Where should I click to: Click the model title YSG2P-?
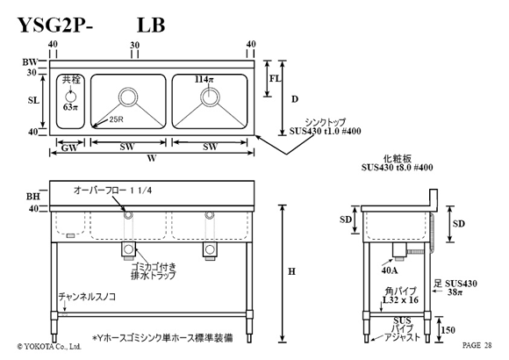pos(55,25)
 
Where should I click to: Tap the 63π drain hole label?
pos(70,106)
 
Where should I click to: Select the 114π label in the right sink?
pos(204,79)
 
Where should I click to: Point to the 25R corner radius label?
pos(116,119)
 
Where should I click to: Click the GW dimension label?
pos(69,148)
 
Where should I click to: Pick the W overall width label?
pos(152,158)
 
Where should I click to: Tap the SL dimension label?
pos(33,100)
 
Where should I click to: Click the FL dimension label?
pos(275,79)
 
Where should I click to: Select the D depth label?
pos(294,99)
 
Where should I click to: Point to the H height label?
pos(292,271)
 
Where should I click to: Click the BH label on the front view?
pos(33,197)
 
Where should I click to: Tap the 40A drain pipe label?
pos(390,270)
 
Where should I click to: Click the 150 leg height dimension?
pos(448,330)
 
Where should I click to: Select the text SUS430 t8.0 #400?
pos(397,168)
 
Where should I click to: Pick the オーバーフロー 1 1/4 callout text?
pos(112,190)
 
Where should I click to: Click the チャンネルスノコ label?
pos(87,297)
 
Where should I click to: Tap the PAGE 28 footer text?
pos(477,345)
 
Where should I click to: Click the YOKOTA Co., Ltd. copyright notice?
pos(49,346)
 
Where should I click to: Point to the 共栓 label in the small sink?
pos(71,80)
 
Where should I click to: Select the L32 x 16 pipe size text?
pos(400,300)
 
